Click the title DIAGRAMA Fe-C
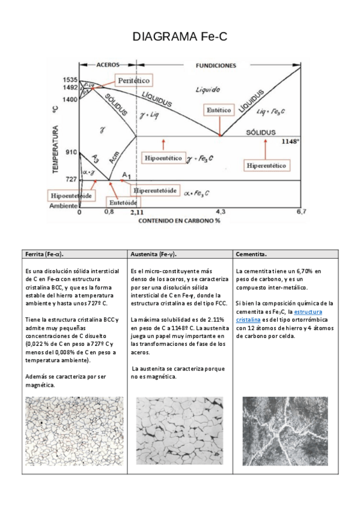coord(180,37)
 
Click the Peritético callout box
coord(133,81)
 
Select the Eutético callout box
coord(219,110)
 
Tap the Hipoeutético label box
coord(163,158)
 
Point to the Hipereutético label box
coord(266,165)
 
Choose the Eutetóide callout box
coord(123,202)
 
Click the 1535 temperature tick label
coord(70,79)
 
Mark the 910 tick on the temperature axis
coord(71,152)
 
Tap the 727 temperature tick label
coord(71,179)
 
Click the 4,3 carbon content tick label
coord(221,212)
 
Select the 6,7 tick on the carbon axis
coord(301,212)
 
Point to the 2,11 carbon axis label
coord(137,212)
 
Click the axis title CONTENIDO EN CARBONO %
coord(179,221)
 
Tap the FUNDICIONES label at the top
coord(216,66)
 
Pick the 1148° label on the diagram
coord(290,141)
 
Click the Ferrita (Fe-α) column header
coord(44,254)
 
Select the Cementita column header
coord(251,254)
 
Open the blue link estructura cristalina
coord(279,316)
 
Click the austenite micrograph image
coord(180,431)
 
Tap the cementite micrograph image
coord(285,431)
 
